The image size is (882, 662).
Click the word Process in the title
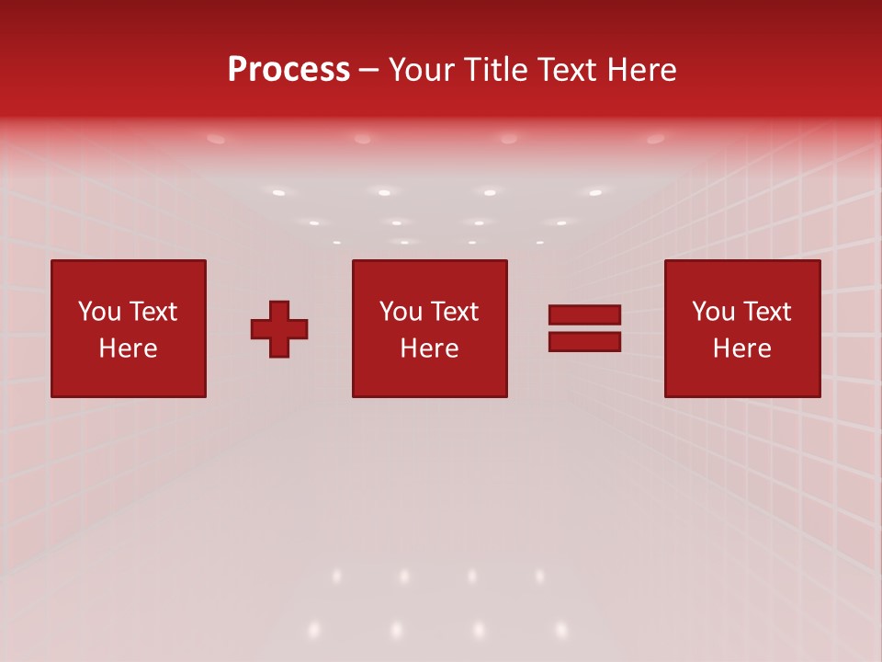coord(288,70)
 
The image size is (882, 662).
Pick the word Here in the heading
coord(645,70)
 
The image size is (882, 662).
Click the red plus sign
coord(279,329)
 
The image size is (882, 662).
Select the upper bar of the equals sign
coord(584,314)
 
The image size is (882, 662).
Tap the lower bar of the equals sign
coord(584,342)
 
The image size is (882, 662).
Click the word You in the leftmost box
coord(100,312)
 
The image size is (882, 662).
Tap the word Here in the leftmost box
coord(129,348)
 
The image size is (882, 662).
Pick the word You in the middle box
coord(401,312)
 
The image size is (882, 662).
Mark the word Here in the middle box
coord(430,348)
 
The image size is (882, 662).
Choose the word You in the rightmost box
coord(714,312)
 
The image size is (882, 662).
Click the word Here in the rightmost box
coord(742,348)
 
